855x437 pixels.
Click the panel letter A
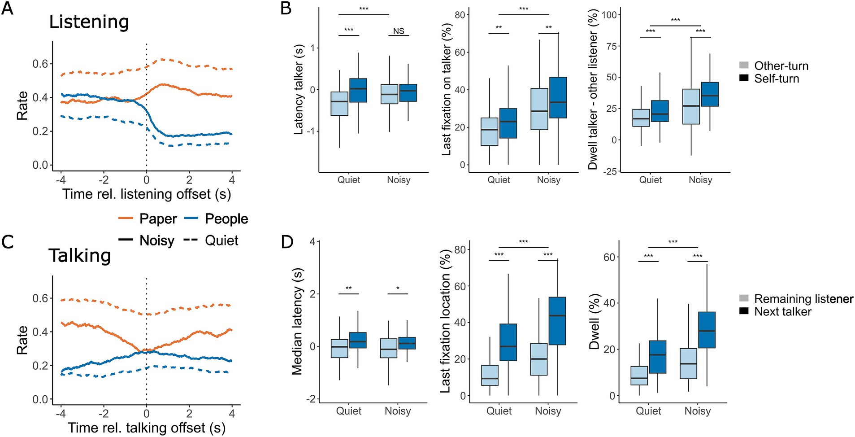pos(7,9)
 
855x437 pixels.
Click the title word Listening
pos(89,22)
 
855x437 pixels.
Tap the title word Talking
pos(80,256)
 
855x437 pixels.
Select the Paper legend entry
pos(148,219)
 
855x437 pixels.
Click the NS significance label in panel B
pos(399,31)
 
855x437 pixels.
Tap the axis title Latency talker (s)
pos(299,90)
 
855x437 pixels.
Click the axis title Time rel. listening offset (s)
pos(147,194)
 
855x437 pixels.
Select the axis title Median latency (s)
pos(297,321)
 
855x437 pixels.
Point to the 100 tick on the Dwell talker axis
pos(609,15)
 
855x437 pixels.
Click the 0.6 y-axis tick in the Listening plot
pos(40,64)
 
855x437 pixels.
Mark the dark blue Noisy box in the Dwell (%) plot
pos(707,330)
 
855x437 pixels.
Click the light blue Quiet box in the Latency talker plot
pos(339,104)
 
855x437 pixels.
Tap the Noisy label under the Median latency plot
pos(398,411)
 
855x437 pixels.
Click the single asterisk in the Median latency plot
pos(398,288)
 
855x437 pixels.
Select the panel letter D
pos(287,242)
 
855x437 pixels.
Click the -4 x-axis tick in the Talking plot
pos(61,413)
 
